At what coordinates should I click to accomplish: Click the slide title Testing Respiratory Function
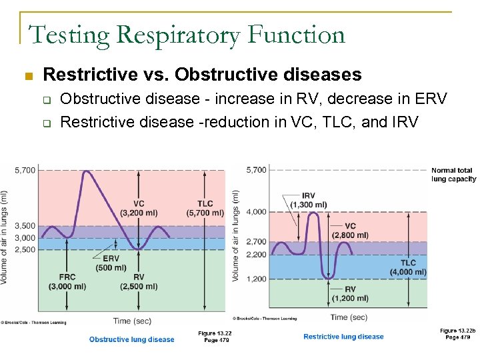[x=187, y=34]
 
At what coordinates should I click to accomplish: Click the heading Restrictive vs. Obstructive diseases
[x=202, y=74]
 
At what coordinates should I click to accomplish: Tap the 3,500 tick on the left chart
[x=25, y=227]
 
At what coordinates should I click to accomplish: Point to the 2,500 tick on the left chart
[x=25, y=249]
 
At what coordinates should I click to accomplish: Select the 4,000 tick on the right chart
[x=257, y=212]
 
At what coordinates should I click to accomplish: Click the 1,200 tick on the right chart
[x=257, y=279]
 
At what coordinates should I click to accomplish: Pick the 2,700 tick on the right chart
[x=257, y=242]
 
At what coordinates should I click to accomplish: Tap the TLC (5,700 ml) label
[x=205, y=208]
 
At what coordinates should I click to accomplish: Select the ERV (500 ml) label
[x=111, y=263]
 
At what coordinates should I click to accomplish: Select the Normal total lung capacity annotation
[x=453, y=175]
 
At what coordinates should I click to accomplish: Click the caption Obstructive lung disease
[x=131, y=339]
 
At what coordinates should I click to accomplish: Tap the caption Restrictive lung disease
[x=343, y=337]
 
